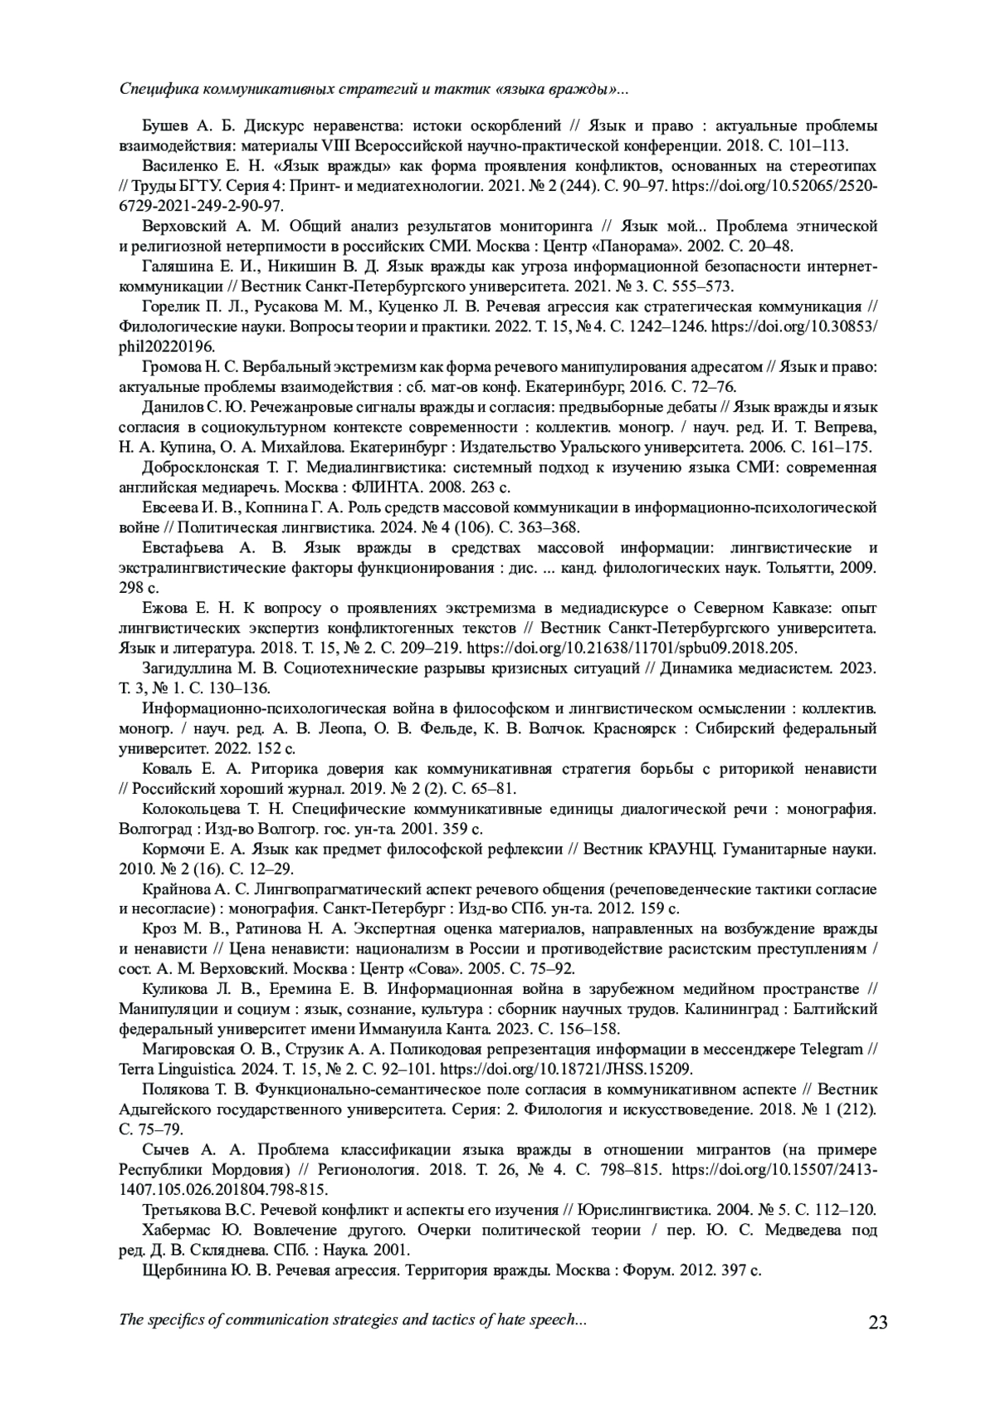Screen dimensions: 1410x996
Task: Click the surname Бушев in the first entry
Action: pyautogui.click(x=165, y=126)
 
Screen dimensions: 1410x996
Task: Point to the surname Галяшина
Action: pyautogui.click(x=176, y=267)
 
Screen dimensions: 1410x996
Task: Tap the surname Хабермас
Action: pyautogui.click(x=178, y=1230)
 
